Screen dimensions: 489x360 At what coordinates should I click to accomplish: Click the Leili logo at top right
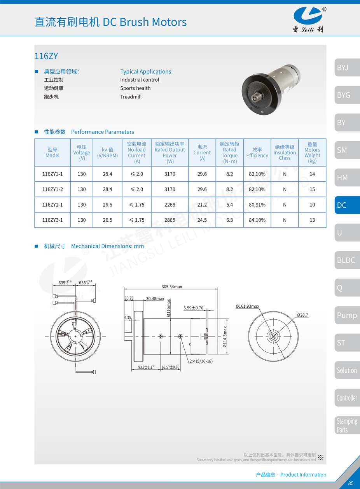tap(308, 18)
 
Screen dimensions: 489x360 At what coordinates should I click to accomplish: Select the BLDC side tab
tap(347, 260)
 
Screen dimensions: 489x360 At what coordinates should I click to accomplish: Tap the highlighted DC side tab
tap(347, 205)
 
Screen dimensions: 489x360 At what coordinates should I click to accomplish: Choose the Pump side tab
tap(347, 315)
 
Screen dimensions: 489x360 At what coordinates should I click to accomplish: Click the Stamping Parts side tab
tap(347, 425)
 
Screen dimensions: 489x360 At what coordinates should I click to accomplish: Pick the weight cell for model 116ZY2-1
tap(312, 205)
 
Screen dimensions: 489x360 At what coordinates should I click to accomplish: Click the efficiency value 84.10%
tap(257, 220)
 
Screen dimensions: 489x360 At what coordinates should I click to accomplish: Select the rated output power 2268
tap(170, 205)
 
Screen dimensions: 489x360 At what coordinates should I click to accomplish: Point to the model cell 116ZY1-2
tap(52, 189)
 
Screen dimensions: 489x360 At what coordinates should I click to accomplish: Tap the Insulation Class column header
tap(285, 152)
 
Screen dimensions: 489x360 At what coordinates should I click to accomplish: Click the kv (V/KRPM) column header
tap(107, 152)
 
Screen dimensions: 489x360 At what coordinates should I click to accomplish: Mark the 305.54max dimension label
tap(172, 287)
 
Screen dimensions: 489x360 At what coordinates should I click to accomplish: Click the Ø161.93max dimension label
tap(247, 306)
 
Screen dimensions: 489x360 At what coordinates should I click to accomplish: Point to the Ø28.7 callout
tap(302, 315)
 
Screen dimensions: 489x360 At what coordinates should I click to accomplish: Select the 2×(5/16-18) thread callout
tap(201, 361)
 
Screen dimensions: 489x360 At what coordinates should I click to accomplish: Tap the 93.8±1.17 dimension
tap(146, 367)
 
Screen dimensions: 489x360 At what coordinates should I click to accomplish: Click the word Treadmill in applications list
tap(131, 97)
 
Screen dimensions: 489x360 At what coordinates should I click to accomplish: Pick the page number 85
tap(351, 483)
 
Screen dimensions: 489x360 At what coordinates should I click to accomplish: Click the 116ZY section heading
tap(46, 56)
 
